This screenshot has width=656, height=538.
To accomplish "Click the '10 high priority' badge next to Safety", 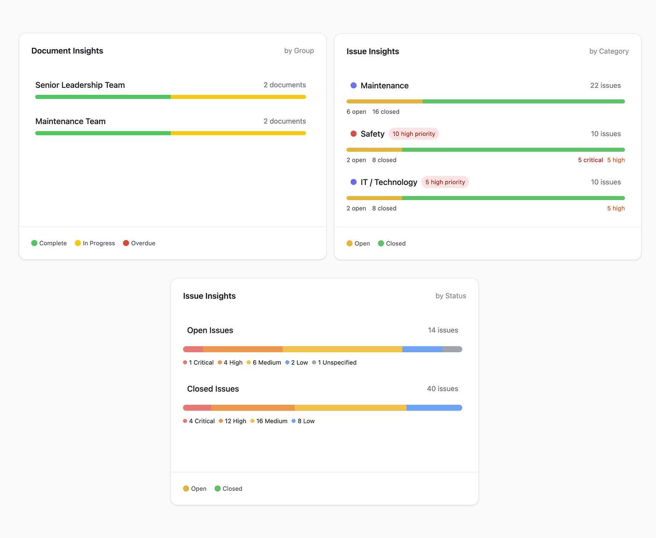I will point(414,134).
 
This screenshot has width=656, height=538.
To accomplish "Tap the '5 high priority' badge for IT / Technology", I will point(445,182).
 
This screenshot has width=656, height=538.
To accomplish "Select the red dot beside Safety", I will point(354,134).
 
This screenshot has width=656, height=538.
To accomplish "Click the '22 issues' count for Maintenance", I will point(605,86).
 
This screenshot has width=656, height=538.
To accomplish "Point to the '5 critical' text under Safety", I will point(590,160).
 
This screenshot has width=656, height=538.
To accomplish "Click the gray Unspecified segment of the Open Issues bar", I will point(452,349).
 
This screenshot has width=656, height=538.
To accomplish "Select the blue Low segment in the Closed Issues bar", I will point(434,408).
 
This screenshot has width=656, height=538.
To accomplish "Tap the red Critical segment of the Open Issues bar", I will point(193,349).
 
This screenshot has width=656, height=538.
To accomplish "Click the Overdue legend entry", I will point(139,243).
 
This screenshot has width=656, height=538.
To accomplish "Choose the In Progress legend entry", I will point(95,243).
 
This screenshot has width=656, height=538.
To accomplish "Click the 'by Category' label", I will point(608,51).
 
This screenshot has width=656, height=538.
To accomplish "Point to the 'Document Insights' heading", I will point(67,51).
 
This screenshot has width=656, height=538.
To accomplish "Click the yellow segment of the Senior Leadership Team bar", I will point(238,97).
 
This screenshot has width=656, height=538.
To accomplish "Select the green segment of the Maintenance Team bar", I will point(103,133).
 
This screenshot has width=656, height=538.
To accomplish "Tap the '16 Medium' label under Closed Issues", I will point(269,421).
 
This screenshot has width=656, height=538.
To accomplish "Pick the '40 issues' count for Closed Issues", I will point(442,389).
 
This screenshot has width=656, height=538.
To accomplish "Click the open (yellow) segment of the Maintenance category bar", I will point(384,102).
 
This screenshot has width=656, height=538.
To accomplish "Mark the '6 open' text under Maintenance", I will point(356,112).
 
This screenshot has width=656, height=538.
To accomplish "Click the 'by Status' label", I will point(450,296).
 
